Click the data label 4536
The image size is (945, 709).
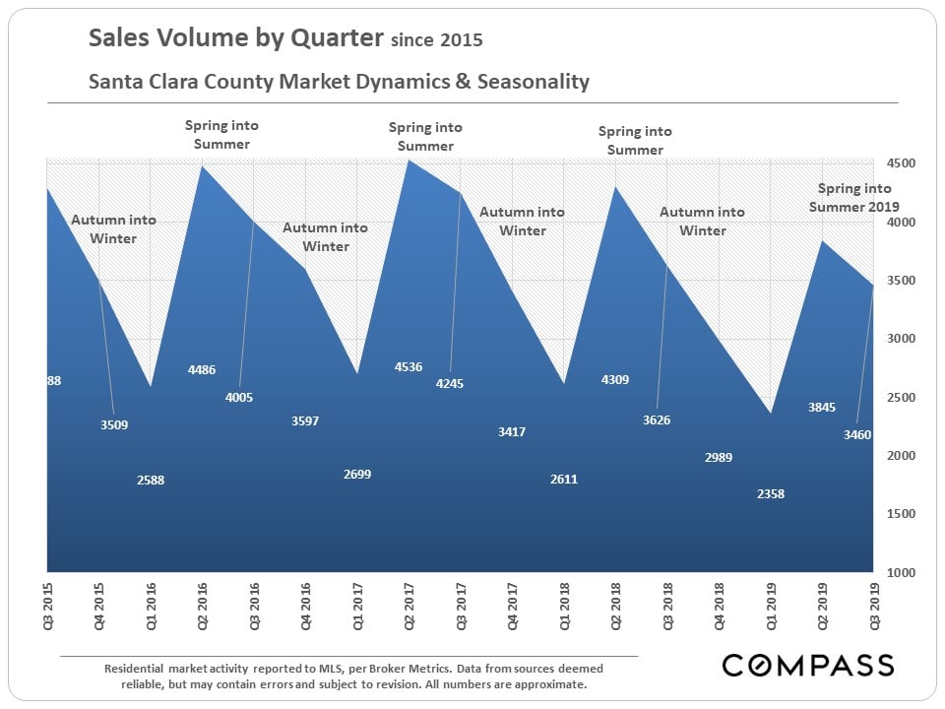(x=408, y=367)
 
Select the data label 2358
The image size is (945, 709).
(x=770, y=493)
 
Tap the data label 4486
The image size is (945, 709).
(x=201, y=370)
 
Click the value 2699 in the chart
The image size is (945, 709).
(x=356, y=475)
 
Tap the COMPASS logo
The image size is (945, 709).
(x=807, y=665)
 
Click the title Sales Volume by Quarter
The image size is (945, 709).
(x=236, y=38)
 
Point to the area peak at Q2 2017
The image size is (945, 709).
(x=408, y=161)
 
